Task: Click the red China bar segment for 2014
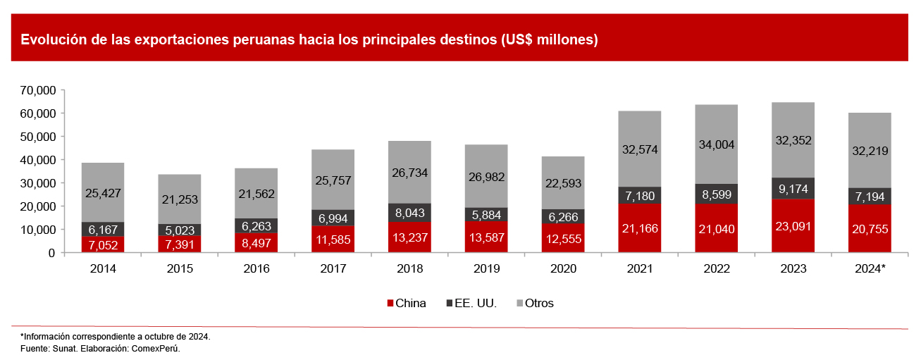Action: (103, 244)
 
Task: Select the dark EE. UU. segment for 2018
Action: (409, 211)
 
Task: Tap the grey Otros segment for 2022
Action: (716, 144)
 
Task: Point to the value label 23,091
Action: (793, 228)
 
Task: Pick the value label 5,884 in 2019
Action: (486, 214)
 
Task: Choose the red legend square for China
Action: (390, 304)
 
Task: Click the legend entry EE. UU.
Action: (471, 304)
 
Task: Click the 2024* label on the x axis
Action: (870, 268)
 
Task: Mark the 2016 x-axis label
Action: (256, 268)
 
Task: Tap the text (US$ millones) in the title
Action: (550, 39)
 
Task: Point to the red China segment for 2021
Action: (640, 228)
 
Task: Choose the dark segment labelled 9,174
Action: (793, 188)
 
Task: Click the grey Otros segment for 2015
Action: (180, 199)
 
